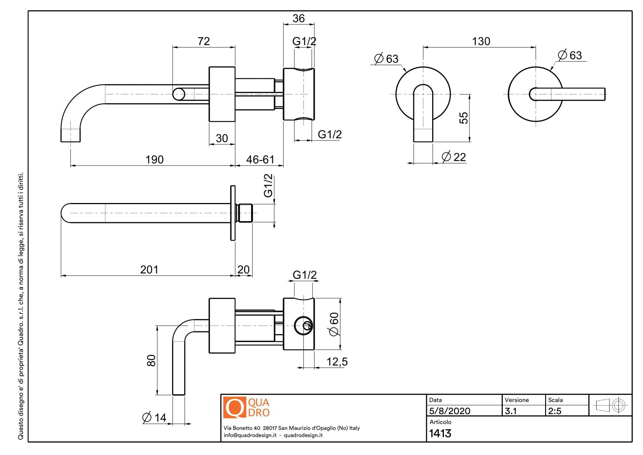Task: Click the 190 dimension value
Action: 154,159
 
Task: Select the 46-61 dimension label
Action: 260,159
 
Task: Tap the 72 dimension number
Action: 204,41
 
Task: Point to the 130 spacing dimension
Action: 481,41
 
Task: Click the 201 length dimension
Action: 149,269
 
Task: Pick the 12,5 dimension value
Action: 337,362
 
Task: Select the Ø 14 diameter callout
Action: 154,417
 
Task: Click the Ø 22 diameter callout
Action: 454,157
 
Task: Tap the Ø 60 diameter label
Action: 334,324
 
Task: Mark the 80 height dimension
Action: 151,360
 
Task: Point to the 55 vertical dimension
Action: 463,118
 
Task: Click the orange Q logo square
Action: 234,407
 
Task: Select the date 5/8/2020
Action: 450,411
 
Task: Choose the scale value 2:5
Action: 555,411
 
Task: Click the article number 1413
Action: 440,434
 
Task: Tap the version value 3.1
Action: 511,411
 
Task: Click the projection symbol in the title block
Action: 610,405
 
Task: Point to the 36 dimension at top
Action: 299,19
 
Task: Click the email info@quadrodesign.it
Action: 250,435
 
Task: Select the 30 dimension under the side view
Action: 222,138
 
